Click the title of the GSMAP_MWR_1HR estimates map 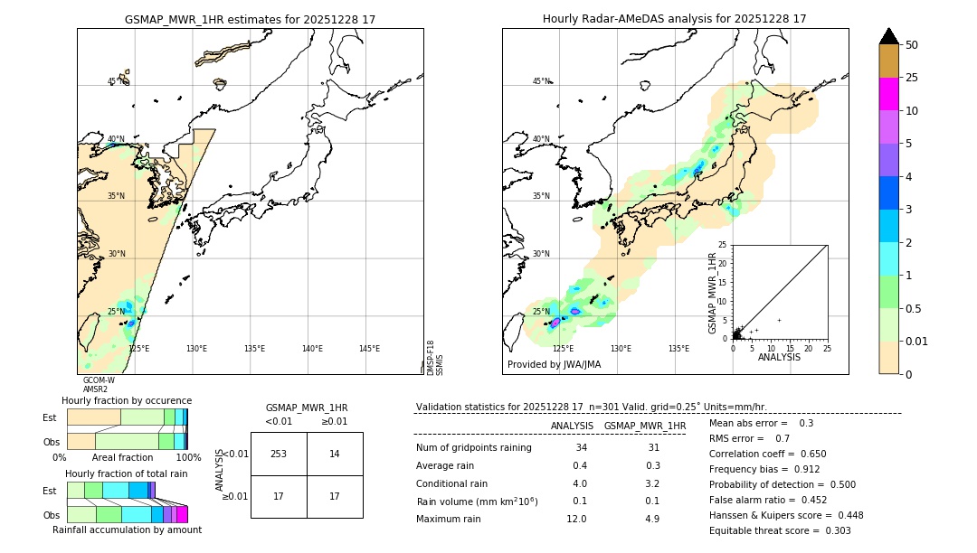pyautogui.click(x=250, y=19)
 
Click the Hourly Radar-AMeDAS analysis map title pyautogui.click(x=674, y=19)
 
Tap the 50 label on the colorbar pyautogui.click(x=912, y=45)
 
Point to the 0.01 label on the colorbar pyautogui.click(x=917, y=341)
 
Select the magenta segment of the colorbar pyautogui.click(x=888, y=94)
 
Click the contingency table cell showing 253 pyautogui.click(x=279, y=454)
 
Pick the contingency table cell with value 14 pyautogui.click(x=335, y=454)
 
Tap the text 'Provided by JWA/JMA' pyautogui.click(x=554, y=365)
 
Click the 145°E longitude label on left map pyautogui.click(x=369, y=349)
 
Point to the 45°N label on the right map pyautogui.click(x=541, y=81)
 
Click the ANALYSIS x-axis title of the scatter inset pyautogui.click(x=779, y=358)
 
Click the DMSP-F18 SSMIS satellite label pyautogui.click(x=434, y=358)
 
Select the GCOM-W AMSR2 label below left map pyautogui.click(x=99, y=385)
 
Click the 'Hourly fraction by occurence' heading pyautogui.click(x=127, y=400)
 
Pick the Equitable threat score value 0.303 pyautogui.click(x=831, y=530)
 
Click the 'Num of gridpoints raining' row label pyautogui.click(x=474, y=448)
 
